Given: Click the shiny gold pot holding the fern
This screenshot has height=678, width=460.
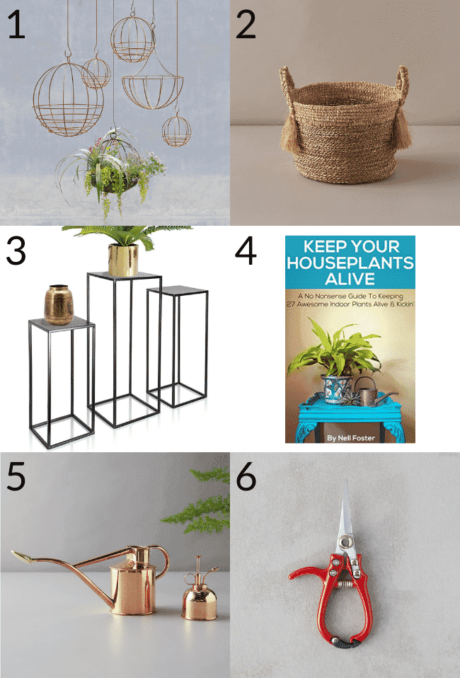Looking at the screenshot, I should point(122,259).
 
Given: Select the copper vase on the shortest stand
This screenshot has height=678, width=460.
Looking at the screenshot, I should point(59,304).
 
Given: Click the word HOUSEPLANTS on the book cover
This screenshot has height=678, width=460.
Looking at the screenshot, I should point(350,263).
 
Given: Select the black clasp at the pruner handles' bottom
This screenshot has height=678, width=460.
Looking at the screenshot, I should point(347,643).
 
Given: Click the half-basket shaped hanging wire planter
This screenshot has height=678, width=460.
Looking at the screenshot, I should point(151,88).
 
